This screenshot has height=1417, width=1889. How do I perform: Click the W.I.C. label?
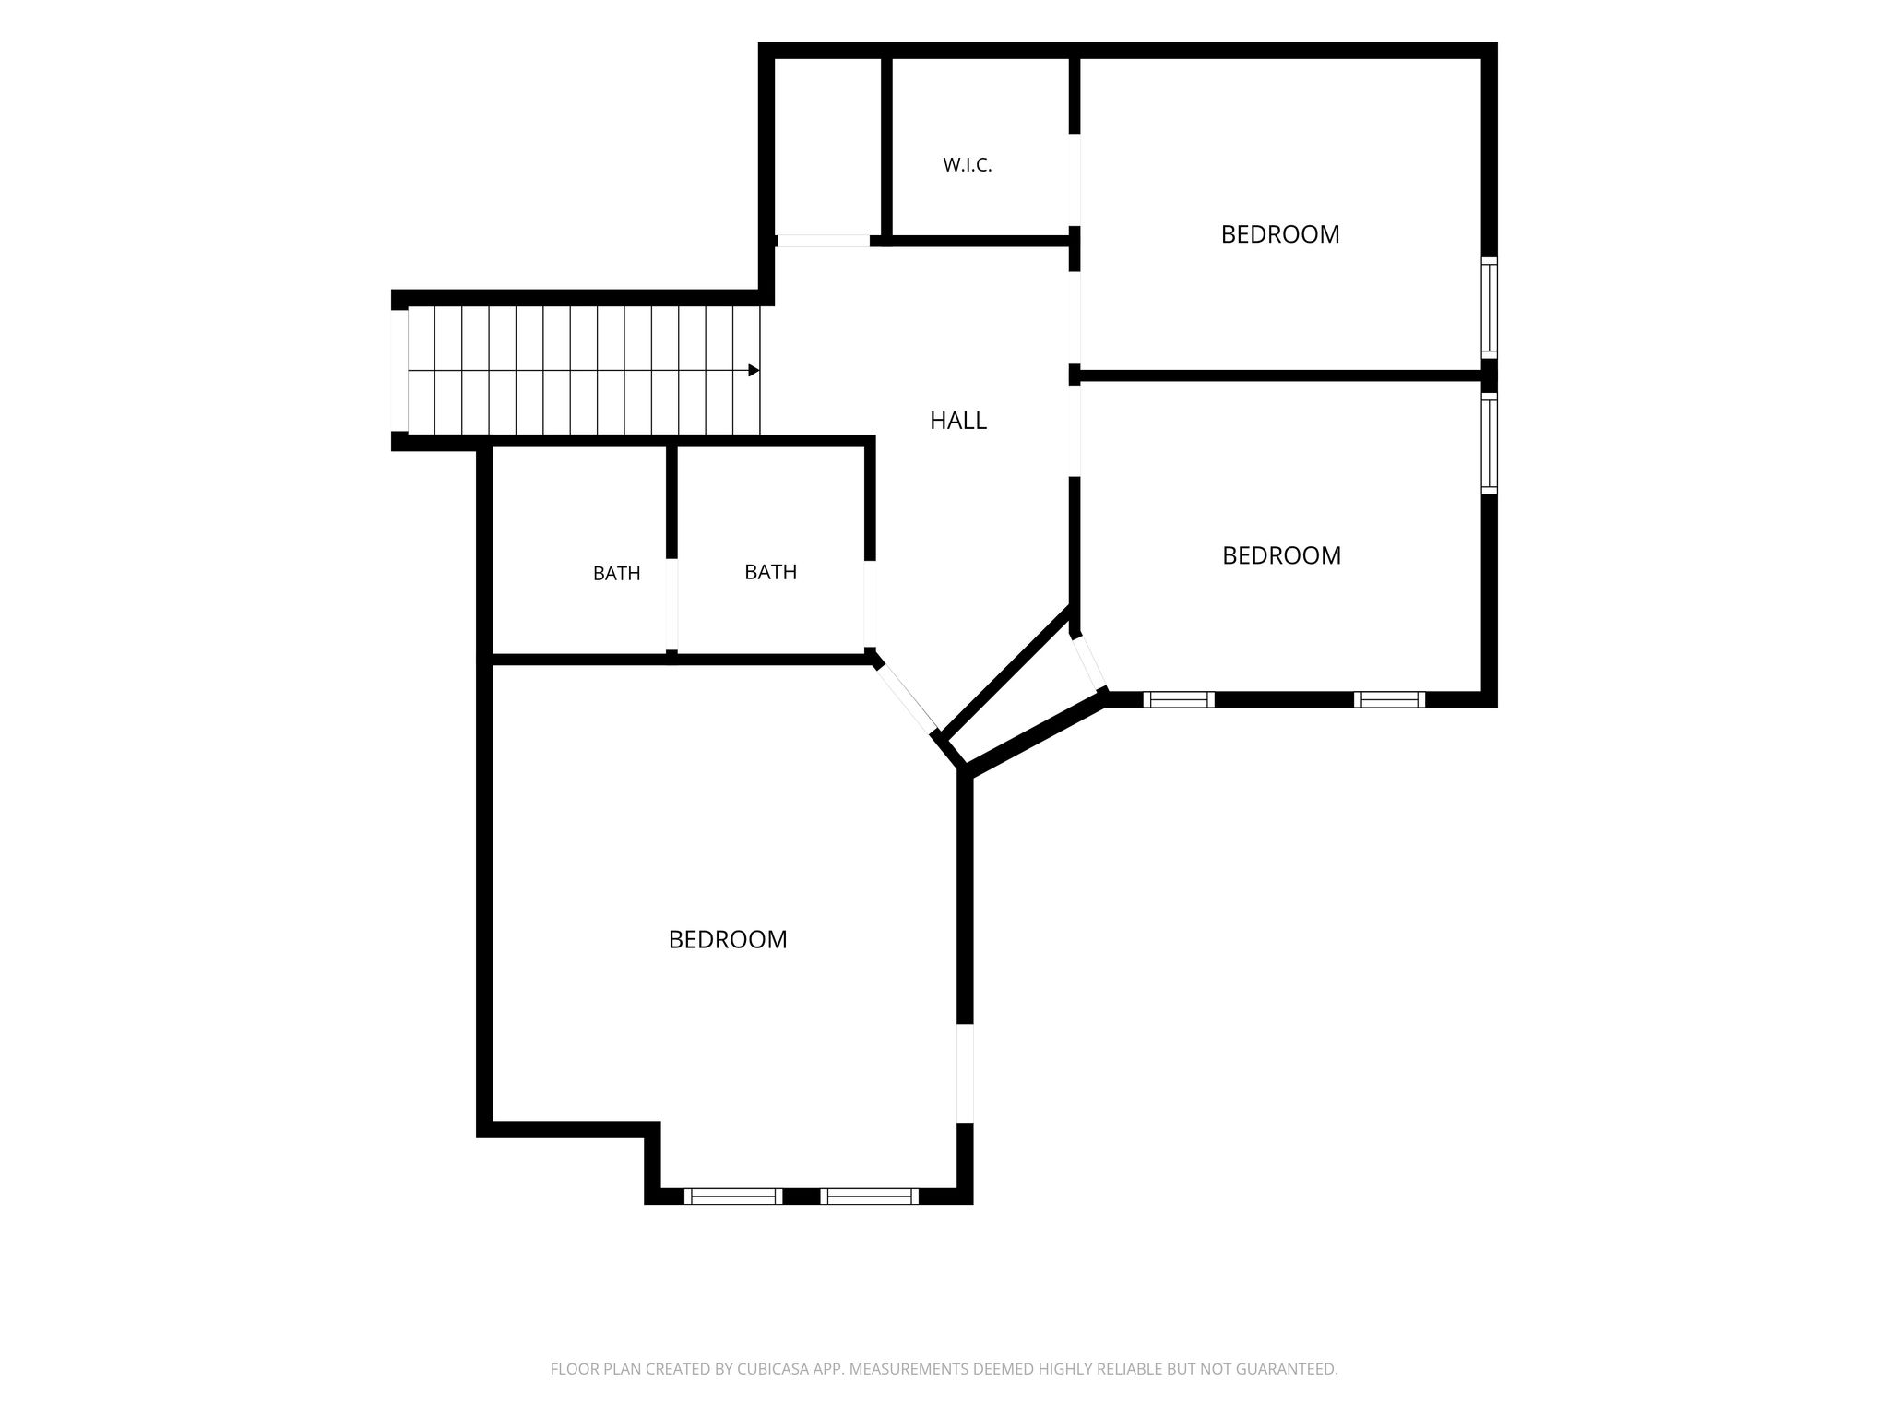point(967,166)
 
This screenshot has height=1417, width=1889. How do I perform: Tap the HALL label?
point(957,421)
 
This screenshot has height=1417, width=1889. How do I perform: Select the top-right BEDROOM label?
point(1279,234)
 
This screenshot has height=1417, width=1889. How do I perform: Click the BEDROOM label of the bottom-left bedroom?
point(728,939)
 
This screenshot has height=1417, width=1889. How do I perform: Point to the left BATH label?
point(616,574)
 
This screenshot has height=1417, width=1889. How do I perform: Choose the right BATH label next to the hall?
point(770,572)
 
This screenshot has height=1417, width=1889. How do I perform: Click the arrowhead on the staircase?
point(754,370)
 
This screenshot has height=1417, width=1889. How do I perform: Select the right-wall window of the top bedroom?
point(1489,308)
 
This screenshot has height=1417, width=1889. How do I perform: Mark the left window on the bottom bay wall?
point(733,1197)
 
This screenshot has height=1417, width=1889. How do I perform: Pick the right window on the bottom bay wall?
point(870,1197)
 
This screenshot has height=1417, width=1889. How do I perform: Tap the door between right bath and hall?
point(869,604)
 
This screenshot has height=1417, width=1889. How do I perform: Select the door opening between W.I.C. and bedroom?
point(1074,180)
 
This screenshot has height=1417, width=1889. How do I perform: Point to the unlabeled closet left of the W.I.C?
point(827,146)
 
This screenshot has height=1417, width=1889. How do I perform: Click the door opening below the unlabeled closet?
point(823,241)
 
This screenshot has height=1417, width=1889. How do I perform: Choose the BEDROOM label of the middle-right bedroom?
point(1281,555)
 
